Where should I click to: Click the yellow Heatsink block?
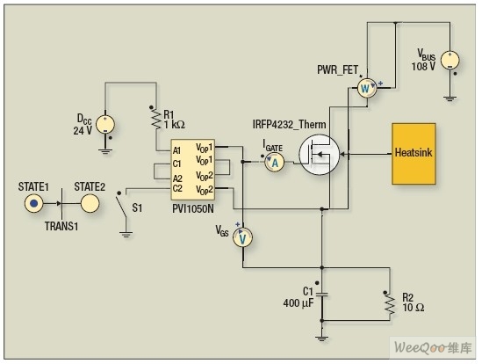414,154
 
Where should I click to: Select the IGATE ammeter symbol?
274,162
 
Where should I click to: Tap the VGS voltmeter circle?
242,237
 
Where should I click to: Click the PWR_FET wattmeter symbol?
367,88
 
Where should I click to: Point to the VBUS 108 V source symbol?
450,61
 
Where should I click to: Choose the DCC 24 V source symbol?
105,125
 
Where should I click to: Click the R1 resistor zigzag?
156,120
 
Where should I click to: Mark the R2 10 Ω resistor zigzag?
390,304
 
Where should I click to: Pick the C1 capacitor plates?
322,295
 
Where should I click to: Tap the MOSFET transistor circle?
320,155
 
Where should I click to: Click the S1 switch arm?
121,207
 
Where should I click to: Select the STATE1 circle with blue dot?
34,203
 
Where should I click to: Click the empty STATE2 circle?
90,203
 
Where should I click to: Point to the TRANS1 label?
61,226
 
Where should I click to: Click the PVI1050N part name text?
193,208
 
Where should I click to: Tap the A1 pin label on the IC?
176,150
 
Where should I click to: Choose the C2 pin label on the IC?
177,188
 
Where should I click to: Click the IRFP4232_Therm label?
289,125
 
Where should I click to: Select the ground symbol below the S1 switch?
126,235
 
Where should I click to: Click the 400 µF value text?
299,303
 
